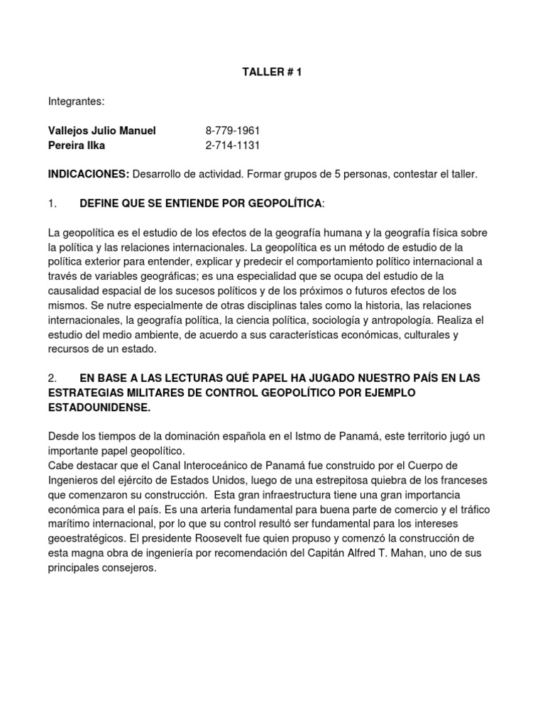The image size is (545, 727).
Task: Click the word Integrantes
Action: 76,102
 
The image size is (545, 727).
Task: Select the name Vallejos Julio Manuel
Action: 101,131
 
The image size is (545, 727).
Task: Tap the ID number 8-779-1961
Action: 233,131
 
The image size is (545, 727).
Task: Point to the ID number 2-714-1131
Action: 233,146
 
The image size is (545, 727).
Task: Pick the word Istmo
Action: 297,436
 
